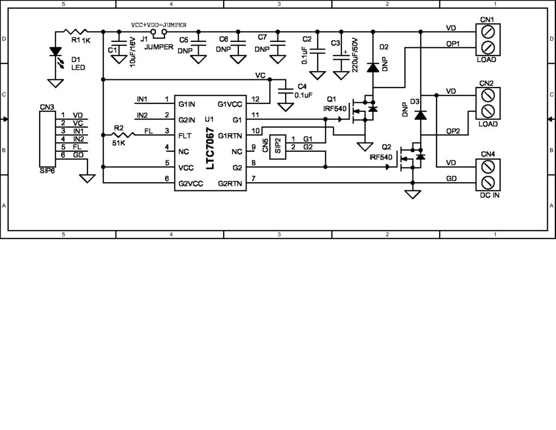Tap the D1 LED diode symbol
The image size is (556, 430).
click(54, 52)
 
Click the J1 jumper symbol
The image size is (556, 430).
click(158, 33)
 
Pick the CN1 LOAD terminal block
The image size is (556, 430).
click(487, 38)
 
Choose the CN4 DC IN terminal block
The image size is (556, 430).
click(487, 173)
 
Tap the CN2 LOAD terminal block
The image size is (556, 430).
click(487, 103)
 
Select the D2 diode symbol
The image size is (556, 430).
click(372, 67)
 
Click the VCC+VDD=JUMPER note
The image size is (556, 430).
click(159, 25)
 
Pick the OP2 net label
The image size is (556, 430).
click(453, 131)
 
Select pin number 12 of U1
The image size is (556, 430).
click(255, 99)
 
